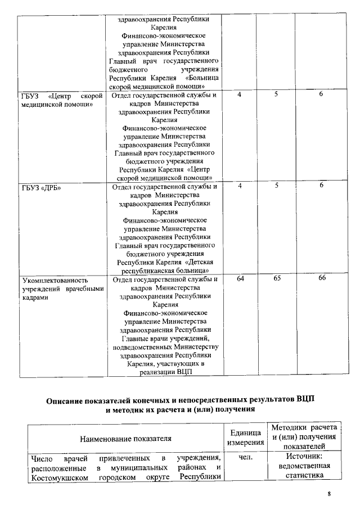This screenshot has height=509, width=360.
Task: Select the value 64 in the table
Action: [240, 278]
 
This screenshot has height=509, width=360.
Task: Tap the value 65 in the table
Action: [277, 278]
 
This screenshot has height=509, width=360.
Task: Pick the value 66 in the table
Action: [322, 278]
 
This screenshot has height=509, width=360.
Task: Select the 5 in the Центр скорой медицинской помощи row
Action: [277, 95]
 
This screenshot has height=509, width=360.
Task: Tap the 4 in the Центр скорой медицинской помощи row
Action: [240, 95]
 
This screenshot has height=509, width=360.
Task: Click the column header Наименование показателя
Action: [125, 438]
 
